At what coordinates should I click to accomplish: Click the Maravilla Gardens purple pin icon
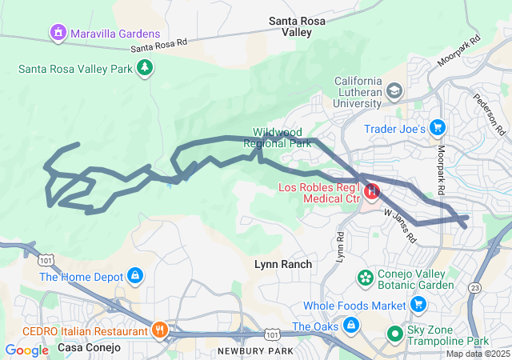pyautogui.click(x=57, y=34)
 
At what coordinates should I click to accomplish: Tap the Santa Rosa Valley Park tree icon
pyautogui.click(x=145, y=69)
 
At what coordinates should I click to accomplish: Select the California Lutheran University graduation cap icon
pyautogui.click(x=394, y=91)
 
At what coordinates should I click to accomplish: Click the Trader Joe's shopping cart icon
pyautogui.click(x=437, y=128)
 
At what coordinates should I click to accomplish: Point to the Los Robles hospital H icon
pyautogui.click(x=372, y=192)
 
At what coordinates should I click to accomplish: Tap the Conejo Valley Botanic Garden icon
pyautogui.click(x=366, y=278)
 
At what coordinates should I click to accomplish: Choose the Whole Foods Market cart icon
pyautogui.click(x=418, y=305)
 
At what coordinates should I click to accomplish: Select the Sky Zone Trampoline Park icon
pyautogui.click(x=394, y=333)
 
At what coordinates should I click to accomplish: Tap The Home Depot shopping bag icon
pyautogui.click(x=134, y=277)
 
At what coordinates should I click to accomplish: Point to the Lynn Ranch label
pyautogui.click(x=283, y=264)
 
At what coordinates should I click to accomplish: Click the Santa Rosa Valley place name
pyautogui.click(x=296, y=26)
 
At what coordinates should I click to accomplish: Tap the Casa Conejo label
pyautogui.click(x=89, y=348)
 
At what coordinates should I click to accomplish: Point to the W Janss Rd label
pyautogui.click(x=400, y=226)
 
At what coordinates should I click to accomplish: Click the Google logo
pyautogui.click(x=26, y=350)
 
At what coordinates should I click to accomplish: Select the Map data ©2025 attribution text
pyautogui.click(x=477, y=354)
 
